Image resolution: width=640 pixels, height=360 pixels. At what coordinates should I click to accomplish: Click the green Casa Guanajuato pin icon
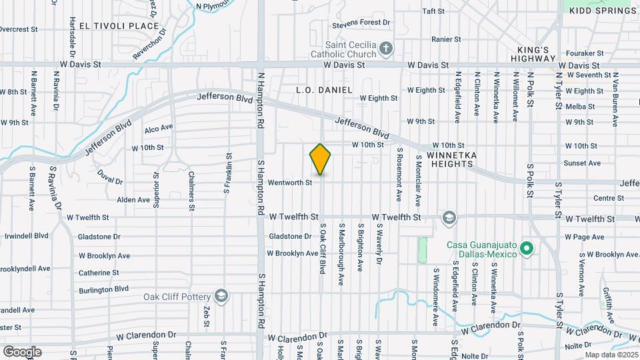click(x=527, y=249)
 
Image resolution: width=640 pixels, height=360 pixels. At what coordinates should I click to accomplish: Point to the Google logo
click(x=22, y=351)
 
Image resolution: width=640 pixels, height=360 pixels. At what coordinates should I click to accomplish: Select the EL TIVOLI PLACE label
click(x=119, y=26)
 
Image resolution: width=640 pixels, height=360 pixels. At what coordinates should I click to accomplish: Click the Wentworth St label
click(x=290, y=182)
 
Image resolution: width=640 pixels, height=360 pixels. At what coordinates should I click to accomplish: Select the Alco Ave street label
click(x=159, y=127)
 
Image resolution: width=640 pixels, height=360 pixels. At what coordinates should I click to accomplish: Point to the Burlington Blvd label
click(x=103, y=289)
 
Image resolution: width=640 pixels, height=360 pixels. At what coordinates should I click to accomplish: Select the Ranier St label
click(x=447, y=39)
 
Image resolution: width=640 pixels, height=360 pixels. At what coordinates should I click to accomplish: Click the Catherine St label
click(x=99, y=273)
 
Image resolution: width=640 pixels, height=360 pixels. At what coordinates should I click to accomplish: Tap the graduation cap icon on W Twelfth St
click(x=449, y=217)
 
